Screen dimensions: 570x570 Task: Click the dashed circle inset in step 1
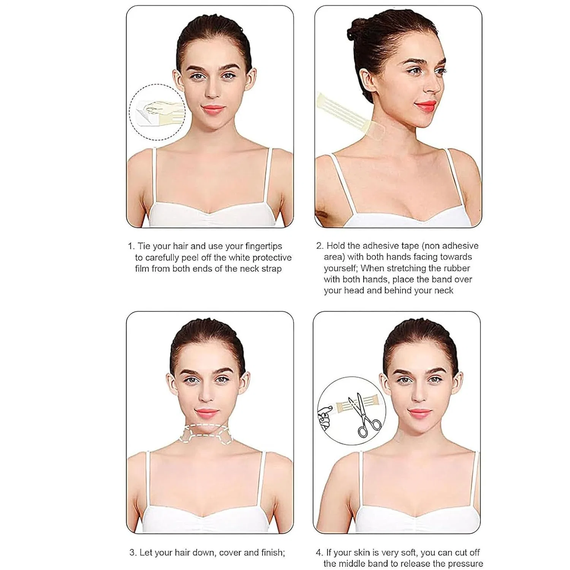tap(157, 112)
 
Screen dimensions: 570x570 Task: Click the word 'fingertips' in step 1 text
tap(264, 246)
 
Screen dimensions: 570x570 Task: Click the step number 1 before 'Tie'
tap(131, 246)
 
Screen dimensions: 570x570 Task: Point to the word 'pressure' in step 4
tap(466, 564)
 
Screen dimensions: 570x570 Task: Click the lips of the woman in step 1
tap(213, 109)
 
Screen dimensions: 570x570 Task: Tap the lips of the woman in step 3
tap(207, 413)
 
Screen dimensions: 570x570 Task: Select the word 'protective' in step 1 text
tap(272, 258)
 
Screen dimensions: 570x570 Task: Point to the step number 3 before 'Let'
tap(132, 552)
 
